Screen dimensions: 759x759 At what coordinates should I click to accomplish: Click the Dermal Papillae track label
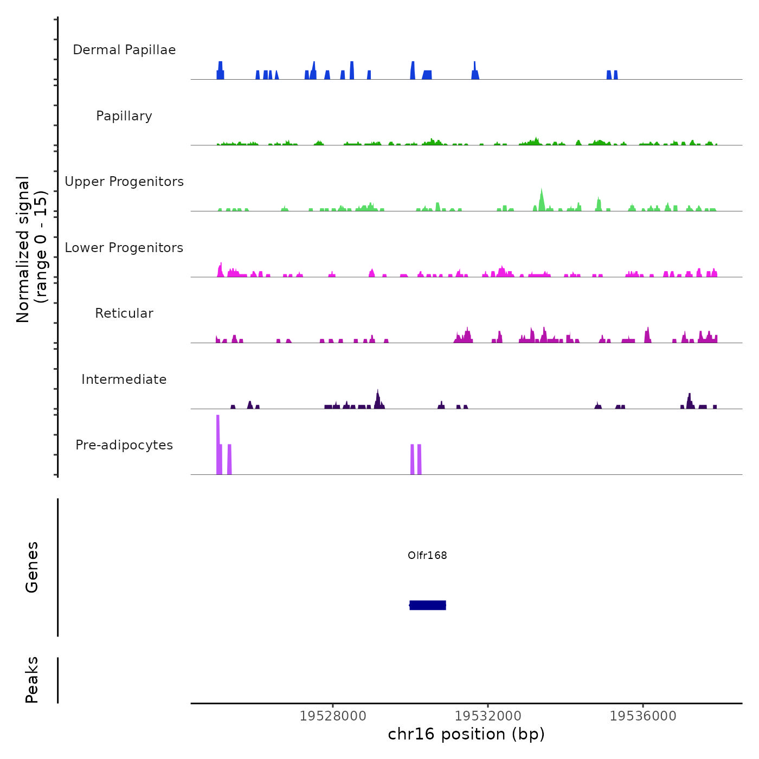(x=124, y=50)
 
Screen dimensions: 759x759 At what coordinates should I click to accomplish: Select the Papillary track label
(x=124, y=116)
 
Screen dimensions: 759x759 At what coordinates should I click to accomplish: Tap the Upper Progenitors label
(x=124, y=182)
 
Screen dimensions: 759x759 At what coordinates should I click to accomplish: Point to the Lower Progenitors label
(x=124, y=248)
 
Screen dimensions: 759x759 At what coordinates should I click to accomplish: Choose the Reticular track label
(x=124, y=313)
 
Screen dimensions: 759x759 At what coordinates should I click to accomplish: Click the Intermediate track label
(x=124, y=379)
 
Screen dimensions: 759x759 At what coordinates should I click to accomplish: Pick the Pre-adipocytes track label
(x=124, y=445)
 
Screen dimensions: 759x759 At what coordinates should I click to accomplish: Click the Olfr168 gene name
(x=427, y=555)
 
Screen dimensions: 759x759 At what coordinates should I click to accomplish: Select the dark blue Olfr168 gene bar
(x=428, y=605)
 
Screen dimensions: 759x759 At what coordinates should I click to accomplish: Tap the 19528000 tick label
(x=333, y=716)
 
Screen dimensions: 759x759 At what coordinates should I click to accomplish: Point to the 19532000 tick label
(x=488, y=716)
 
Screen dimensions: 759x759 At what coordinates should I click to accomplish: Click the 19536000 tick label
(x=643, y=716)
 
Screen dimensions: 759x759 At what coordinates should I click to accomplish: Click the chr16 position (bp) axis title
(x=466, y=734)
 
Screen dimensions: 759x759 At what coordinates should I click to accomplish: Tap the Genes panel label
(x=31, y=567)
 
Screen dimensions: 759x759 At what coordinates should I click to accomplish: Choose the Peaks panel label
(x=31, y=680)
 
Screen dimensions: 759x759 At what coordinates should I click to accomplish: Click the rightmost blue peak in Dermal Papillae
(x=616, y=75)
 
